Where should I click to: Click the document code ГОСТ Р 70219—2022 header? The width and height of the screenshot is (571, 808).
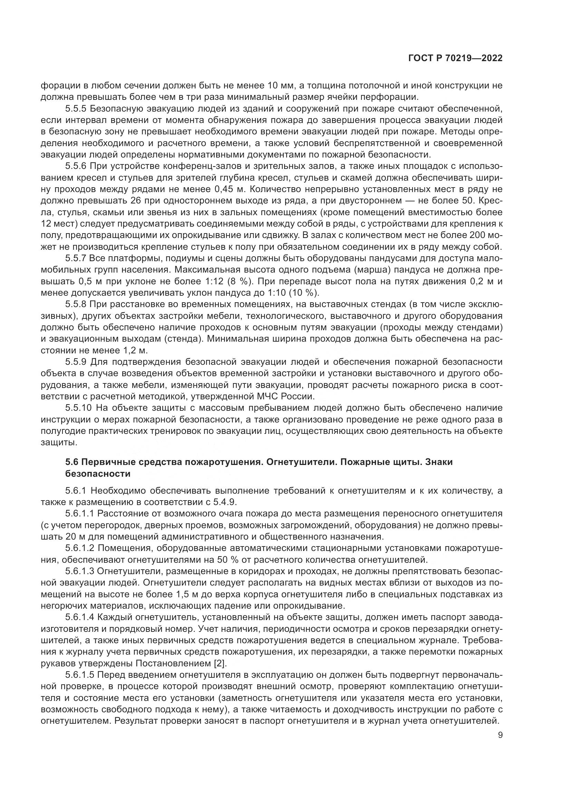455,58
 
